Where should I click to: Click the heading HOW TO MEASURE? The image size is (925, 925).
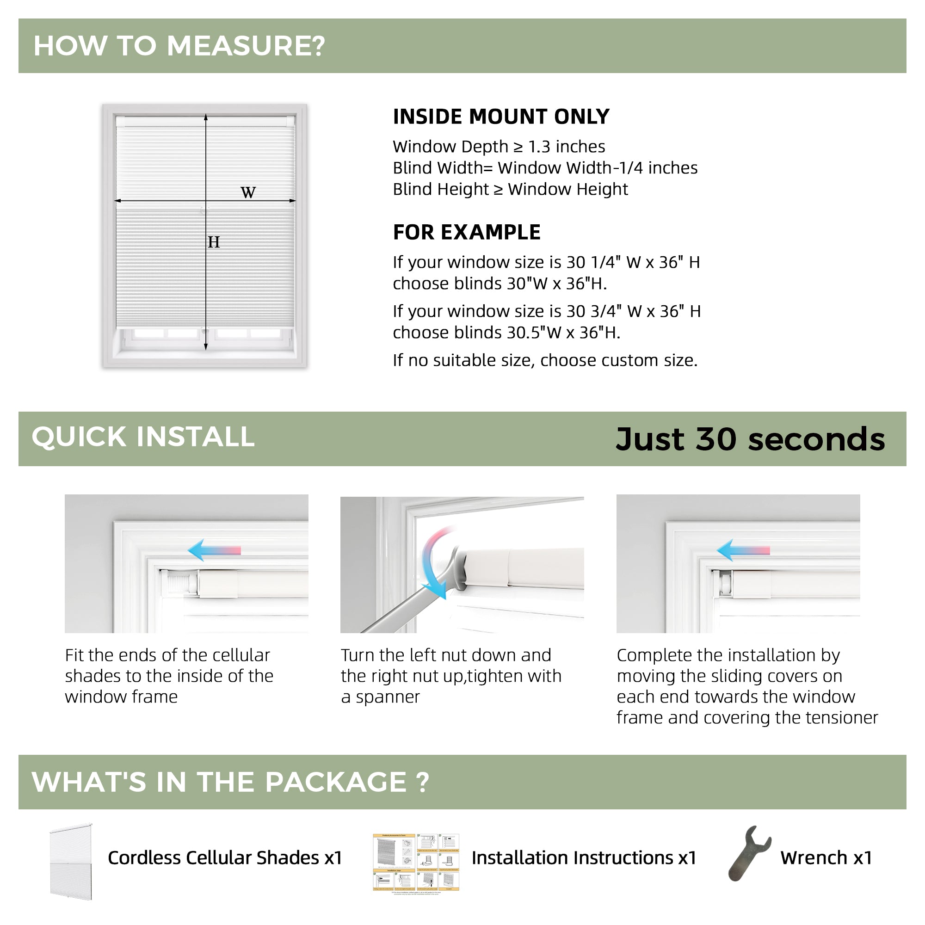click(x=179, y=46)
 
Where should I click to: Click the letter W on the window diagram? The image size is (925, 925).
click(x=248, y=192)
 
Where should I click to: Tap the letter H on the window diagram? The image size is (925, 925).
click(x=214, y=242)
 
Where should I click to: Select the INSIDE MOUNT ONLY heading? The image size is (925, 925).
click(x=501, y=117)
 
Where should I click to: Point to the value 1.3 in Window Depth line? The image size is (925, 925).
click(x=540, y=147)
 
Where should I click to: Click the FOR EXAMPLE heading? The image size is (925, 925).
click(x=466, y=233)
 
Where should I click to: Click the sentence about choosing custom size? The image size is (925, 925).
click(x=545, y=360)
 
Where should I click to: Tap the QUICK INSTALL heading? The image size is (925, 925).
click(x=143, y=437)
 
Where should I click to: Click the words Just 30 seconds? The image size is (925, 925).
click(x=750, y=439)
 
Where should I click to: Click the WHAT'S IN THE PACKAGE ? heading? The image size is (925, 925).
click(x=230, y=783)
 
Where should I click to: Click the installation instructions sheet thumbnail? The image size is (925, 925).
click(x=416, y=863)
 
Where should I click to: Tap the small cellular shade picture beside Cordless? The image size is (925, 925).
click(x=71, y=862)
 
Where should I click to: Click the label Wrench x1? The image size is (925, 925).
click(x=826, y=858)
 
